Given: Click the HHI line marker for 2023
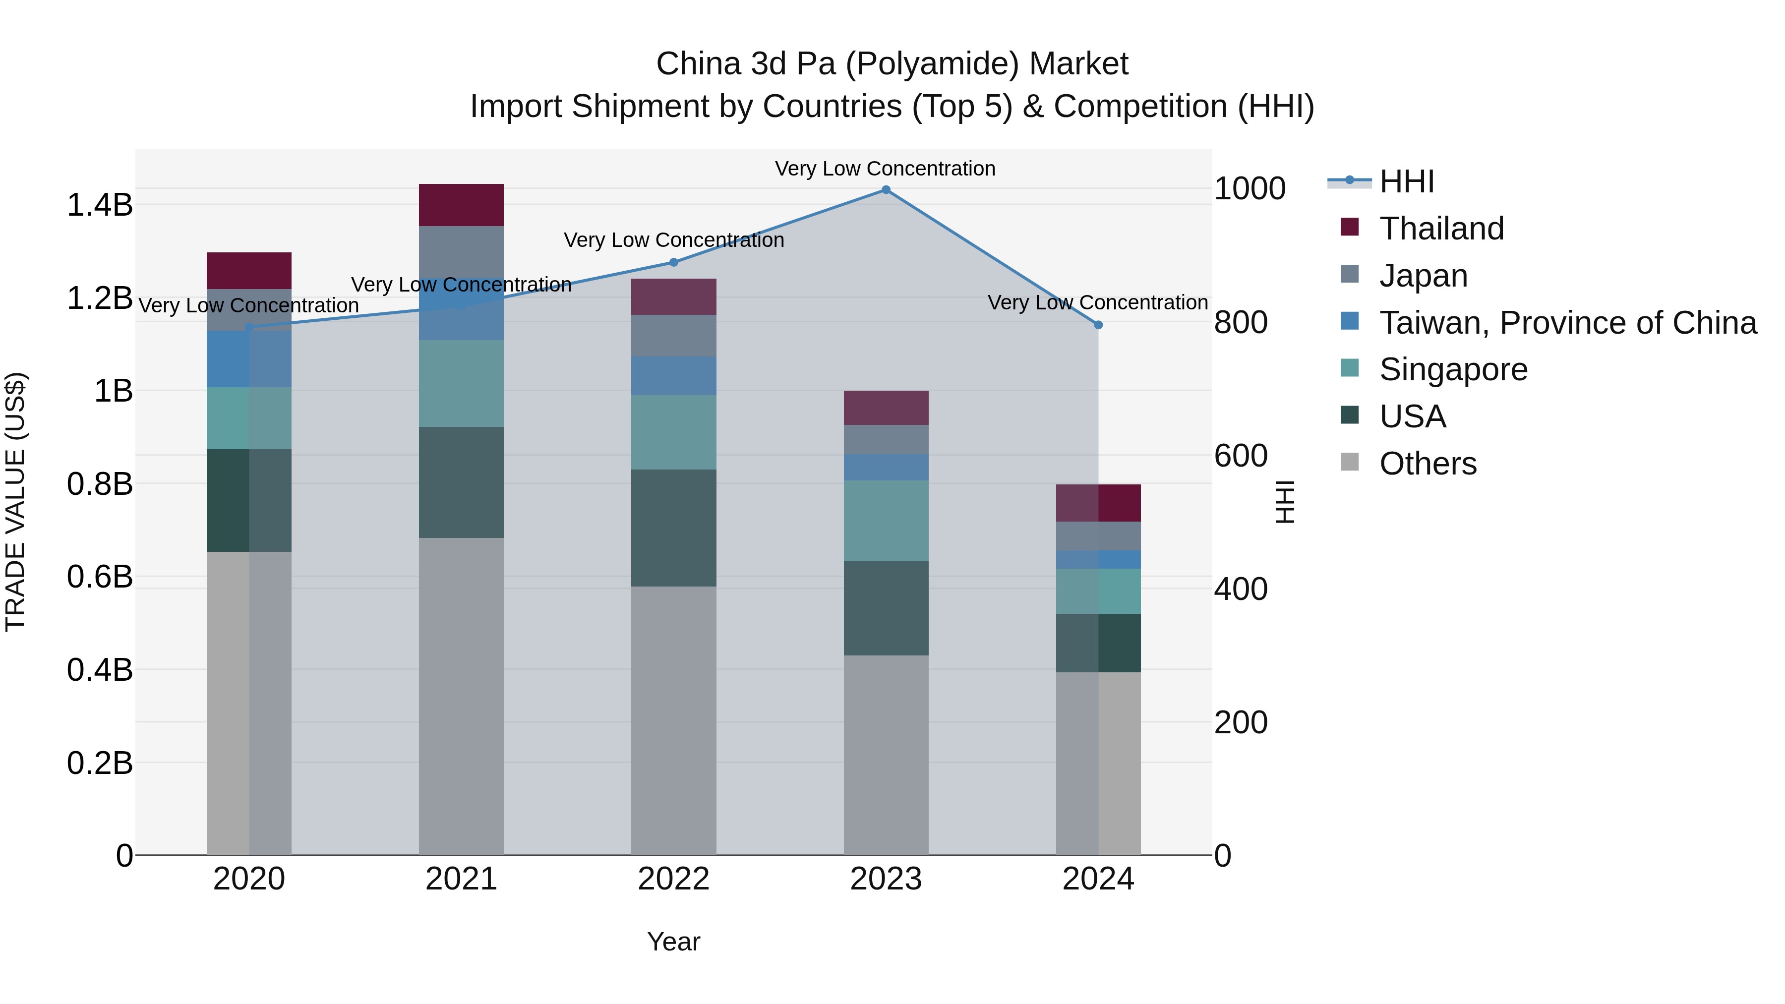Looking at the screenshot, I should (886, 190).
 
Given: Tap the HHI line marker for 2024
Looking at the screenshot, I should (1098, 325).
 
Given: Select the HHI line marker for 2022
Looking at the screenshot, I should (673, 263).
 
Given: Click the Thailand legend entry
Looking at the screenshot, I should (1441, 229).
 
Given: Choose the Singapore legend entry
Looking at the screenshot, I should (1453, 369).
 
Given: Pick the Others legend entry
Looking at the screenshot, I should (1428, 464).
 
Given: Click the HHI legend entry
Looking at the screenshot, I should (1406, 181).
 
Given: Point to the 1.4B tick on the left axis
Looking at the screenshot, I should (100, 205).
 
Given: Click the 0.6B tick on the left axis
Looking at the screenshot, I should (100, 577).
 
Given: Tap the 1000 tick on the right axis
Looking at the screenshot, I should (1249, 188).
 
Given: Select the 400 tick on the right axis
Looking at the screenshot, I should (1241, 589).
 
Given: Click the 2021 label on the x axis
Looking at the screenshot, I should (462, 879).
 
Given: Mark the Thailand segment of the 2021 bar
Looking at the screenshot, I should (462, 205).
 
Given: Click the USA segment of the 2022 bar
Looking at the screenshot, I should (673, 528).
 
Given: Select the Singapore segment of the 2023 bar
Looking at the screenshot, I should (886, 521).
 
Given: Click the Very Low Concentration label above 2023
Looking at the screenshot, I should (885, 169).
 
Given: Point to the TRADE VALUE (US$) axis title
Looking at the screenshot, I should (15, 502).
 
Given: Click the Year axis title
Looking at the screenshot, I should (673, 942).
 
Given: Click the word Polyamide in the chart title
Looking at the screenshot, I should (931, 64).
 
